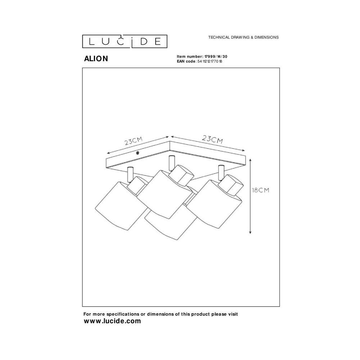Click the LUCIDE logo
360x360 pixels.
point(125,41)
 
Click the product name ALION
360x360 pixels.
point(96,59)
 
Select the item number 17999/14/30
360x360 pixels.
point(216,57)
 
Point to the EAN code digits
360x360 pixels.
point(210,61)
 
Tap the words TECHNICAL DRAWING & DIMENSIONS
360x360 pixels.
point(243,37)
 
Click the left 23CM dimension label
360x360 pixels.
point(134,141)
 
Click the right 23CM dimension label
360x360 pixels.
point(212,139)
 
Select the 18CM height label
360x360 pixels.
point(260,190)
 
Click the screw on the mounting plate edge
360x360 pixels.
point(138,153)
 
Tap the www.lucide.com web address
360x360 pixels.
point(112,321)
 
